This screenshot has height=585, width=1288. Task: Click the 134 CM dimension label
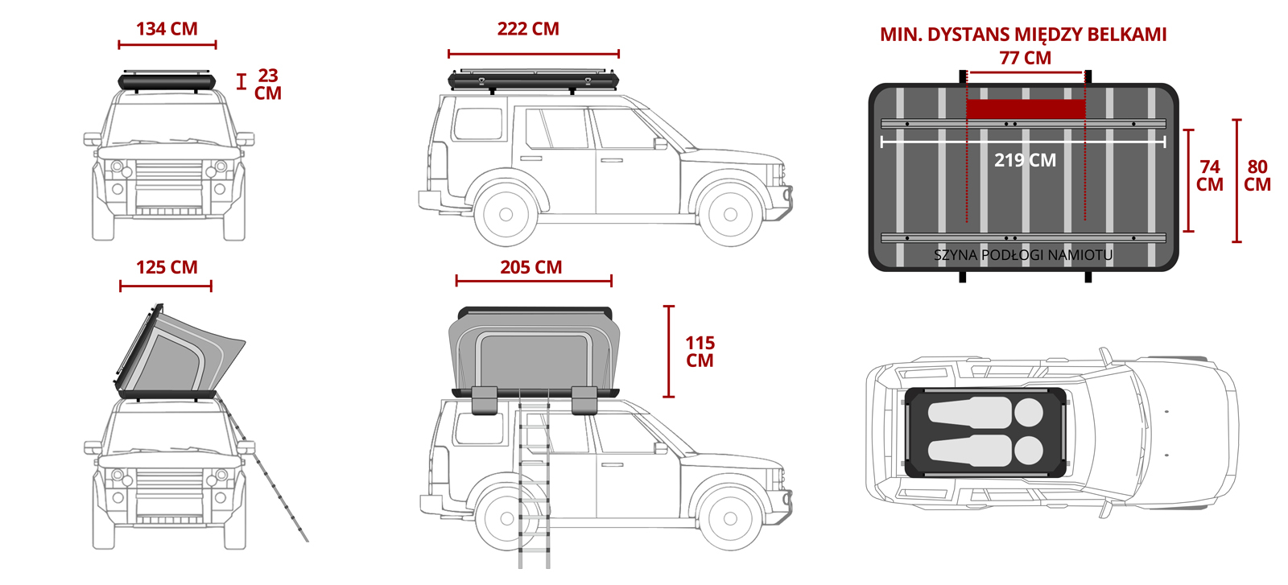tap(167, 29)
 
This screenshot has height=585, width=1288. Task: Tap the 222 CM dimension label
tap(528, 29)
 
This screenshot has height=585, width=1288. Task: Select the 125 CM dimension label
tap(167, 267)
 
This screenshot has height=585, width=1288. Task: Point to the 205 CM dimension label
tap(530, 267)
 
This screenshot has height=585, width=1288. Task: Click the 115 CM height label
tap(700, 352)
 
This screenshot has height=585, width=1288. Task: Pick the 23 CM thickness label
tap(268, 84)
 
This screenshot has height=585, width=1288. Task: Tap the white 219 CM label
tap(1026, 160)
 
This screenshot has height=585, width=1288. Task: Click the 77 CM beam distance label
tap(1026, 58)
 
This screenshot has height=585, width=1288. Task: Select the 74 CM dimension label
tap(1210, 175)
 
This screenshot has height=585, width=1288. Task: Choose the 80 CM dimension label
tap(1257, 175)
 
